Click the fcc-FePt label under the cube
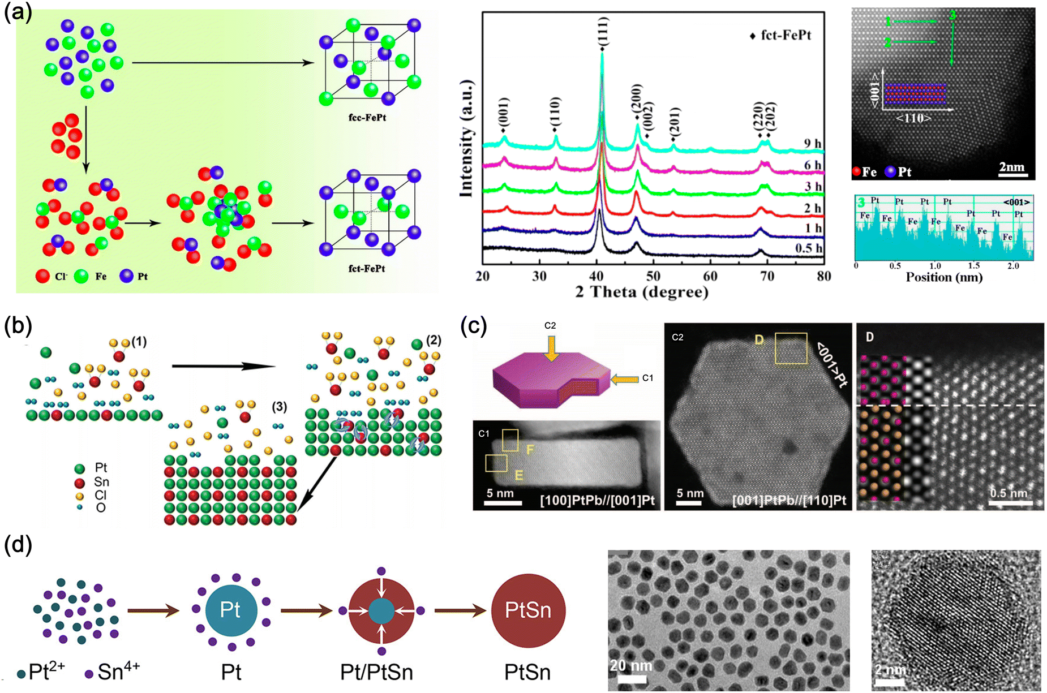(367, 118)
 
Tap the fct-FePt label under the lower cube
(367, 268)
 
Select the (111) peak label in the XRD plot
(602, 32)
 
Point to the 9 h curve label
(813, 144)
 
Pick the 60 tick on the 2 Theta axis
(710, 276)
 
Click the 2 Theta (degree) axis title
(642, 292)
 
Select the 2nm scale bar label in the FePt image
(1011, 167)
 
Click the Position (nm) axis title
(944, 277)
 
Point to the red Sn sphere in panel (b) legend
(80, 483)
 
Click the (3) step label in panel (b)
(279, 407)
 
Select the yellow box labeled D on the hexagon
(791, 348)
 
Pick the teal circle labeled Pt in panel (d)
(230, 610)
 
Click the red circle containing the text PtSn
(527, 610)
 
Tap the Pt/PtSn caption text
(376, 672)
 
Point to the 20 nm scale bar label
(630, 666)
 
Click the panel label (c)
(473, 326)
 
